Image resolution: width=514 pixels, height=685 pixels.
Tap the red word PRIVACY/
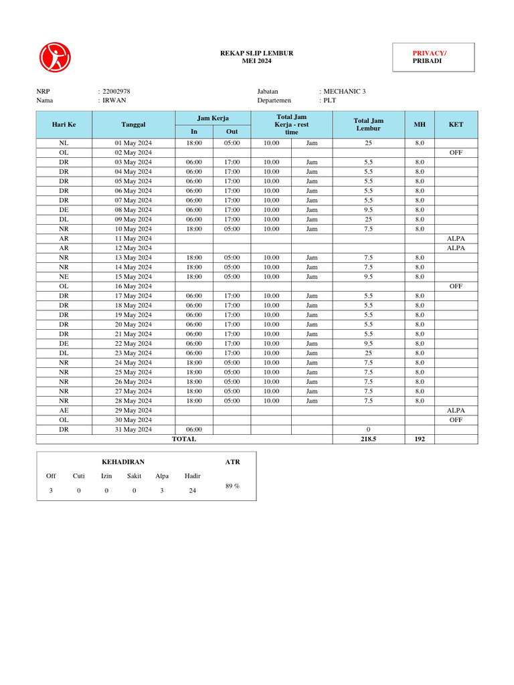click(x=430, y=53)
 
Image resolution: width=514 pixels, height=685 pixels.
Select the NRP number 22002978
click(x=116, y=92)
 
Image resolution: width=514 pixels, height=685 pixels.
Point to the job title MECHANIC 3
click(x=345, y=92)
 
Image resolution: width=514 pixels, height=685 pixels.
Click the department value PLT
click(x=330, y=100)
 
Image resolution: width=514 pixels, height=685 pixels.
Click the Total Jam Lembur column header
click(x=369, y=124)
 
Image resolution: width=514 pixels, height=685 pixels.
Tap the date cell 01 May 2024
click(x=133, y=143)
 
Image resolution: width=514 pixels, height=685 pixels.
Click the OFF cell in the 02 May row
click(x=456, y=153)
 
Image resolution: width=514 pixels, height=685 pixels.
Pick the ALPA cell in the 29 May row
click(x=456, y=410)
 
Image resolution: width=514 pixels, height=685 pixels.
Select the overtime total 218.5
click(x=369, y=439)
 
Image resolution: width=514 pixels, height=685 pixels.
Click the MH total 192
click(x=419, y=439)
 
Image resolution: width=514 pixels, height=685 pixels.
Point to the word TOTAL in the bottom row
click(x=184, y=439)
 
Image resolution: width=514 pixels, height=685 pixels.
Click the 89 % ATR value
click(x=232, y=486)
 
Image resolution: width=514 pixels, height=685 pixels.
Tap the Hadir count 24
click(x=192, y=490)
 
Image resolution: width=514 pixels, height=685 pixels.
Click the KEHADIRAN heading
click(x=122, y=462)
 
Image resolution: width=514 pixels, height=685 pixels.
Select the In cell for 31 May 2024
click(x=194, y=429)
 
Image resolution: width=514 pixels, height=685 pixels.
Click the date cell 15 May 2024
click(x=133, y=276)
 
